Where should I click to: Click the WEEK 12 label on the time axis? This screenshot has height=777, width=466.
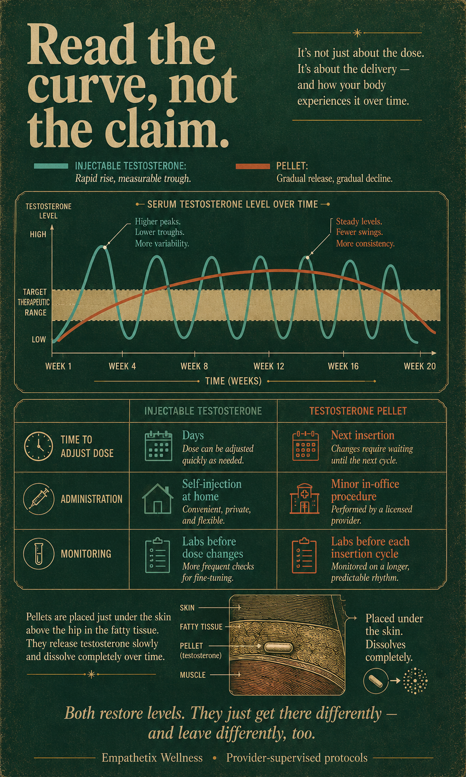(x=269, y=366)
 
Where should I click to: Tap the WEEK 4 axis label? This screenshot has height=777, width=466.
(x=122, y=366)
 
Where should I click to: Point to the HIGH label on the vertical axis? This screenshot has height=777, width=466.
(x=38, y=235)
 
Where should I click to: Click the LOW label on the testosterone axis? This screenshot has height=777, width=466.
(x=39, y=339)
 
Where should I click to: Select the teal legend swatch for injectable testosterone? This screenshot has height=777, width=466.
(x=51, y=166)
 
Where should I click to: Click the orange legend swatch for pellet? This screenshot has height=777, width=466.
(x=253, y=166)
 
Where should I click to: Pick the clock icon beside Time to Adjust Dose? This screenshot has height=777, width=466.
(x=38, y=446)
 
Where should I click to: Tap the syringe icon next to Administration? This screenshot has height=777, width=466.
(x=38, y=499)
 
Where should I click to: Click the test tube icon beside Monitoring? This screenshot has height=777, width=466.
(x=38, y=554)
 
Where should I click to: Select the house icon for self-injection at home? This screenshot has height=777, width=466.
(x=158, y=499)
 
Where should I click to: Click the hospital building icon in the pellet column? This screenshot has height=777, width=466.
(x=304, y=499)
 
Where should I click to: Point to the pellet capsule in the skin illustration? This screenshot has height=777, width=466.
(x=278, y=647)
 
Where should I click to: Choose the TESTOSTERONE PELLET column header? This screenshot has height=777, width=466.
(x=358, y=411)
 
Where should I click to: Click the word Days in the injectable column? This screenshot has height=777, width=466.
(x=193, y=435)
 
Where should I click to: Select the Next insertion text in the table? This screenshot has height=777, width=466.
(x=363, y=435)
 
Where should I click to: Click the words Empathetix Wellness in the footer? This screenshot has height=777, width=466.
(x=152, y=758)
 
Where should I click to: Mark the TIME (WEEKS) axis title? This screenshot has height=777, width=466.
(x=233, y=381)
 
